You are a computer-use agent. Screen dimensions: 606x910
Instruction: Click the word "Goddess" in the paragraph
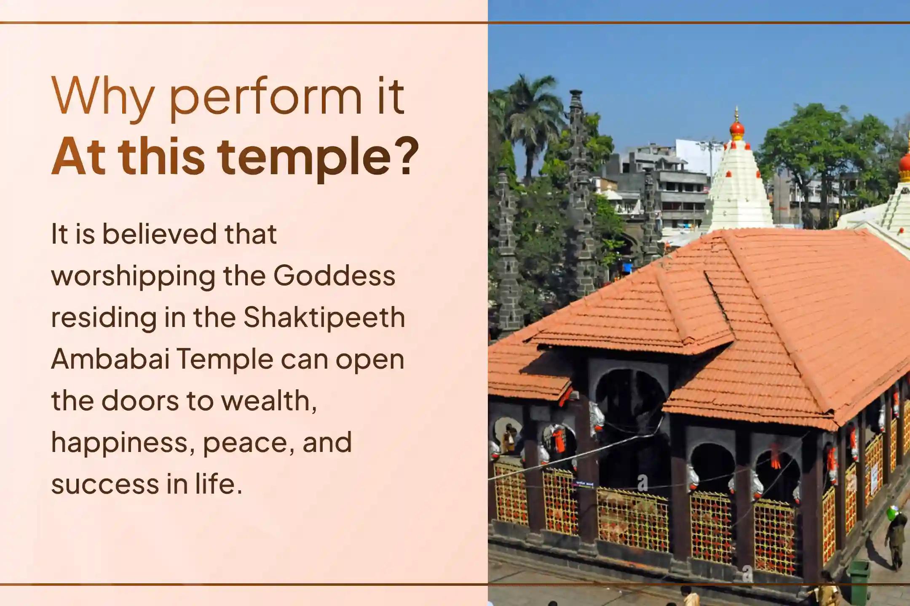coord(335,276)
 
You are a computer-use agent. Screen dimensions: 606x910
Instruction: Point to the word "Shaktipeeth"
coord(324,317)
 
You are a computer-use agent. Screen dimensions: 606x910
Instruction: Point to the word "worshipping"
coord(133,277)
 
